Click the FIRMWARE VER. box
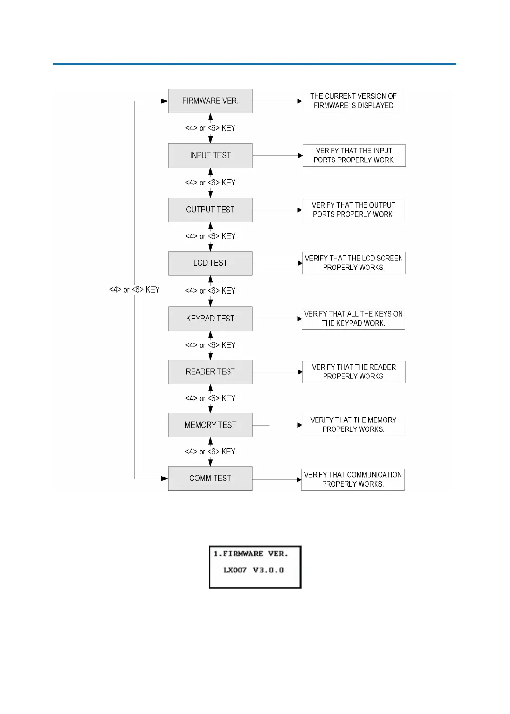pos(210,101)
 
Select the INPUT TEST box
pos(210,155)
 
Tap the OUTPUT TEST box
pos(210,210)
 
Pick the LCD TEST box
pos(210,263)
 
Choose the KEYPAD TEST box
pos(210,319)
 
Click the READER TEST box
pos(210,372)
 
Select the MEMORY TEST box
pos(210,425)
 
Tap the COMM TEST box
pos(210,479)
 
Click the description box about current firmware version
pos(353,101)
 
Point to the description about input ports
pos(354,155)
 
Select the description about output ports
pos(353,210)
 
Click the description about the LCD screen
pos(354,263)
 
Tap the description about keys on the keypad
pos(353,319)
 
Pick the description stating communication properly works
pos(353,479)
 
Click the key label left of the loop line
pos(134,290)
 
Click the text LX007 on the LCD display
pos(235,570)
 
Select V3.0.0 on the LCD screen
pos(268,570)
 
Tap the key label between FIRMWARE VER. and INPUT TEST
pos(210,128)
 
